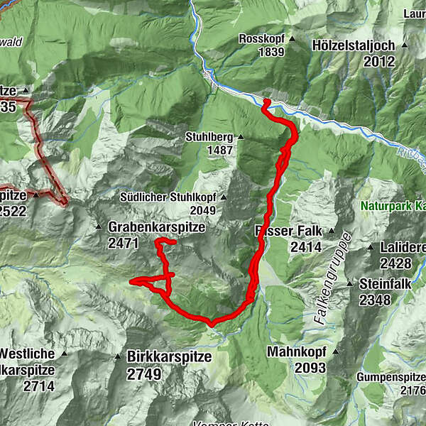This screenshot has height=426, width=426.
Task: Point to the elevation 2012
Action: [x=378, y=62]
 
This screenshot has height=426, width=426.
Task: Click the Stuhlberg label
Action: [x=206, y=137]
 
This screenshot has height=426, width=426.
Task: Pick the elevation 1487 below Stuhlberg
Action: [x=220, y=151]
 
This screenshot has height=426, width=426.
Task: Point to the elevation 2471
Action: [x=125, y=243]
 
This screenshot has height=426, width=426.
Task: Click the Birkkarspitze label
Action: [x=169, y=357]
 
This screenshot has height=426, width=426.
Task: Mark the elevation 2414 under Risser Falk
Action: [x=306, y=248]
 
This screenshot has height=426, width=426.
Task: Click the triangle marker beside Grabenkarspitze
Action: [x=99, y=227]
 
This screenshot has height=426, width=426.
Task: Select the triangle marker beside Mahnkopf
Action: [x=334, y=351]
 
